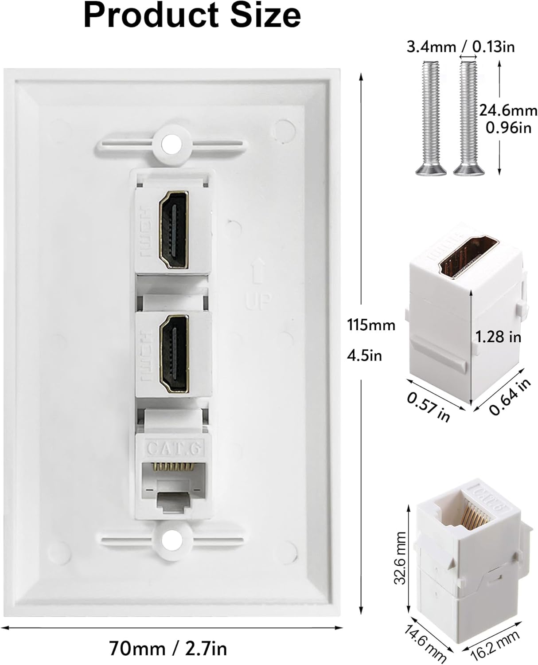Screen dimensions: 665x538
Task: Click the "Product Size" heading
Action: click(192, 16)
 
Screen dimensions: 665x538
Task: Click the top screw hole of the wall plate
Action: click(168, 144)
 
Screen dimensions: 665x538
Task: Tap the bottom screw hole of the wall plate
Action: click(168, 540)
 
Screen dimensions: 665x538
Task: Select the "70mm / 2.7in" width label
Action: click(168, 649)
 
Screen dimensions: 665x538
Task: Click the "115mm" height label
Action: click(371, 325)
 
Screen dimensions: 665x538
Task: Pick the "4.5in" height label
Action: click(364, 355)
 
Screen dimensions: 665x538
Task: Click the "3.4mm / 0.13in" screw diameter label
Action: click(461, 46)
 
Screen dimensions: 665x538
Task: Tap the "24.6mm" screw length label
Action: click(508, 110)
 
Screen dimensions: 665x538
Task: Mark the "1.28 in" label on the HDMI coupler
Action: click(498, 337)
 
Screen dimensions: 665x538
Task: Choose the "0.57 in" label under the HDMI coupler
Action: click(429, 407)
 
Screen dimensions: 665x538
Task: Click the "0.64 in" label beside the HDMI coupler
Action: click(510, 397)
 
